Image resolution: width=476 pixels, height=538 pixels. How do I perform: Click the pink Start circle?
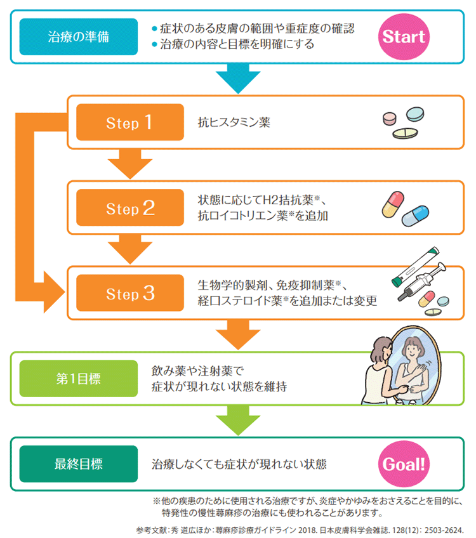pos(404,36)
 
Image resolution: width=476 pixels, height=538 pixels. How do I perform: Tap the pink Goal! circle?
pos(404,464)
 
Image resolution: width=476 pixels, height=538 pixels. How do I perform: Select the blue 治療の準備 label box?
pos(78,36)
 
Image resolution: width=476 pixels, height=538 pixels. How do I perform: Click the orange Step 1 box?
pos(129,122)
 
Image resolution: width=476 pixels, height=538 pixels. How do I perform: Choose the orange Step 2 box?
pos(129,208)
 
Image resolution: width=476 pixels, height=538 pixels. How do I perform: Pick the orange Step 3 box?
pos(129,293)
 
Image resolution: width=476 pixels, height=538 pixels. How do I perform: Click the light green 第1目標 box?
pos(78,378)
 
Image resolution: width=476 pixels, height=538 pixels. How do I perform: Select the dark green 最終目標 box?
pos(78,464)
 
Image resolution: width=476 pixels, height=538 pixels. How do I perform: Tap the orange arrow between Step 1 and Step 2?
pos(130,164)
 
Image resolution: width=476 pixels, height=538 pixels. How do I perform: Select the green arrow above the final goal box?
pos(238,420)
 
